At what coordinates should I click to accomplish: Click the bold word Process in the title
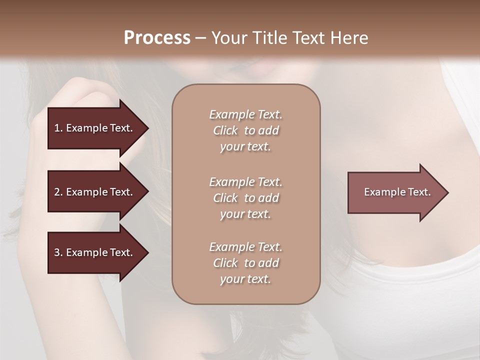[157, 38]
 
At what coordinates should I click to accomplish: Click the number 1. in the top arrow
[58, 128]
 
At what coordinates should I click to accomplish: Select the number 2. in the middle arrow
[58, 192]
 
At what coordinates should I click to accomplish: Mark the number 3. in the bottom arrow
[58, 252]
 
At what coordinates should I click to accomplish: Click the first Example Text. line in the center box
[245, 114]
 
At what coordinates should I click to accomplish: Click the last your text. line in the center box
[245, 279]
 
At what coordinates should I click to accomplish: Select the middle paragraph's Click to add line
[245, 198]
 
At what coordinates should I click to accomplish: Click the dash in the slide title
[200, 38]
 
